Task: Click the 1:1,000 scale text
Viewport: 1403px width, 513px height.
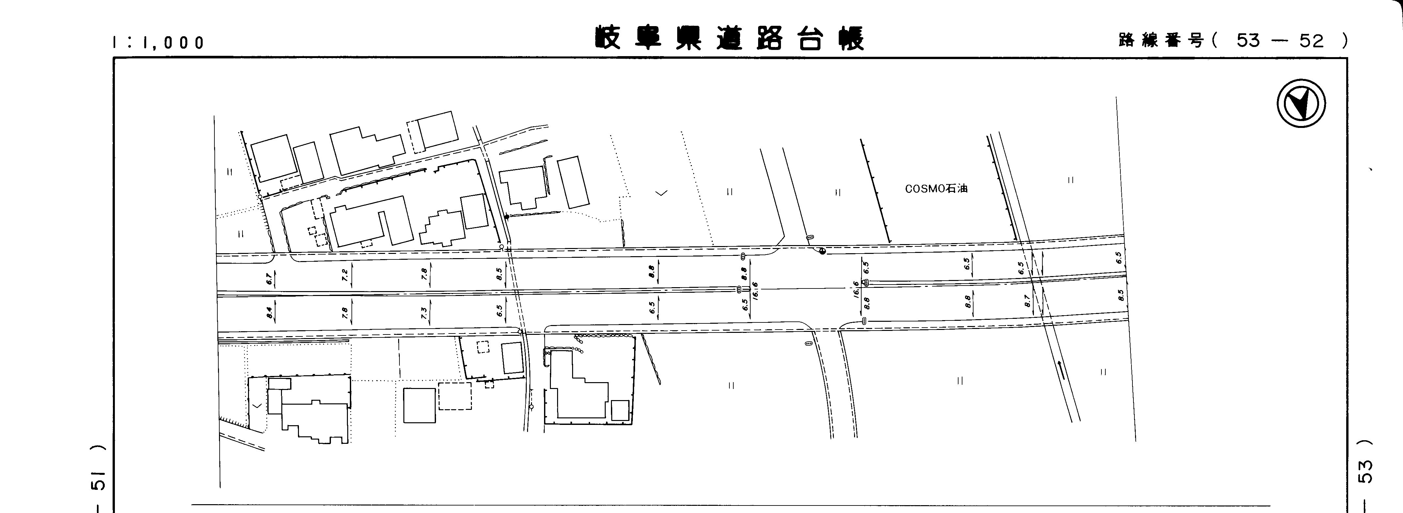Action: point(158,42)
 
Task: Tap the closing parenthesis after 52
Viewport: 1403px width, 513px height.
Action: point(1345,40)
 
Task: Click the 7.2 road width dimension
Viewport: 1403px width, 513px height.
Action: point(345,275)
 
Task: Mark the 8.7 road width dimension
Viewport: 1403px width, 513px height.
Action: point(1027,300)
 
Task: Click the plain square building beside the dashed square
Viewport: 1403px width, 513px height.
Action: point(419,405)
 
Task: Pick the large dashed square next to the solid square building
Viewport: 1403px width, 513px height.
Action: point(455,396)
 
